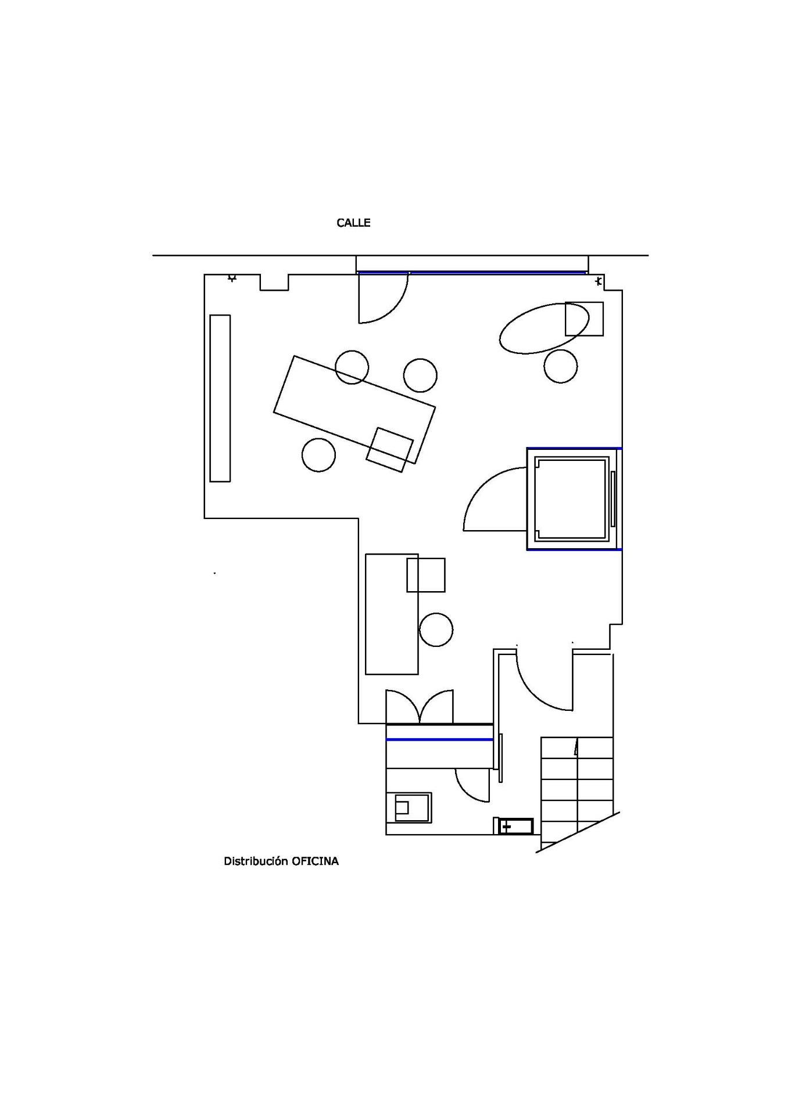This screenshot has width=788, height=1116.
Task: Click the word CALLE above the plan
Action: (353, 223)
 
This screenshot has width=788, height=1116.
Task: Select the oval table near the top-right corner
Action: (544, 328)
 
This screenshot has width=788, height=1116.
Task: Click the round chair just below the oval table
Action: (561, 366)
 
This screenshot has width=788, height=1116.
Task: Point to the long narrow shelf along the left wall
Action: (220, 398)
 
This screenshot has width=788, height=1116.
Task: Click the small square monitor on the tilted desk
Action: (390, 450)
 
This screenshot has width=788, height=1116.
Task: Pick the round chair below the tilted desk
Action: (318, 455)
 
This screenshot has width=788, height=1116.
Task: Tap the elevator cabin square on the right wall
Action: (571, 499)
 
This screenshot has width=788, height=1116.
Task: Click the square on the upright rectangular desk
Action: (426, 575)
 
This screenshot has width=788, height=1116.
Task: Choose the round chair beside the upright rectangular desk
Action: (436, 629)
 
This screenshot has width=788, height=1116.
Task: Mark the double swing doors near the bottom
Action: (420, 707)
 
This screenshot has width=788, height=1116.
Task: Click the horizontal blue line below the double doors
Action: (439, 739)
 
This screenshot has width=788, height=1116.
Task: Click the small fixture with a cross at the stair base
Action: (515, 826)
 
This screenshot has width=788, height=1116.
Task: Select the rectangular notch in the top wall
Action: (274, 282)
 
